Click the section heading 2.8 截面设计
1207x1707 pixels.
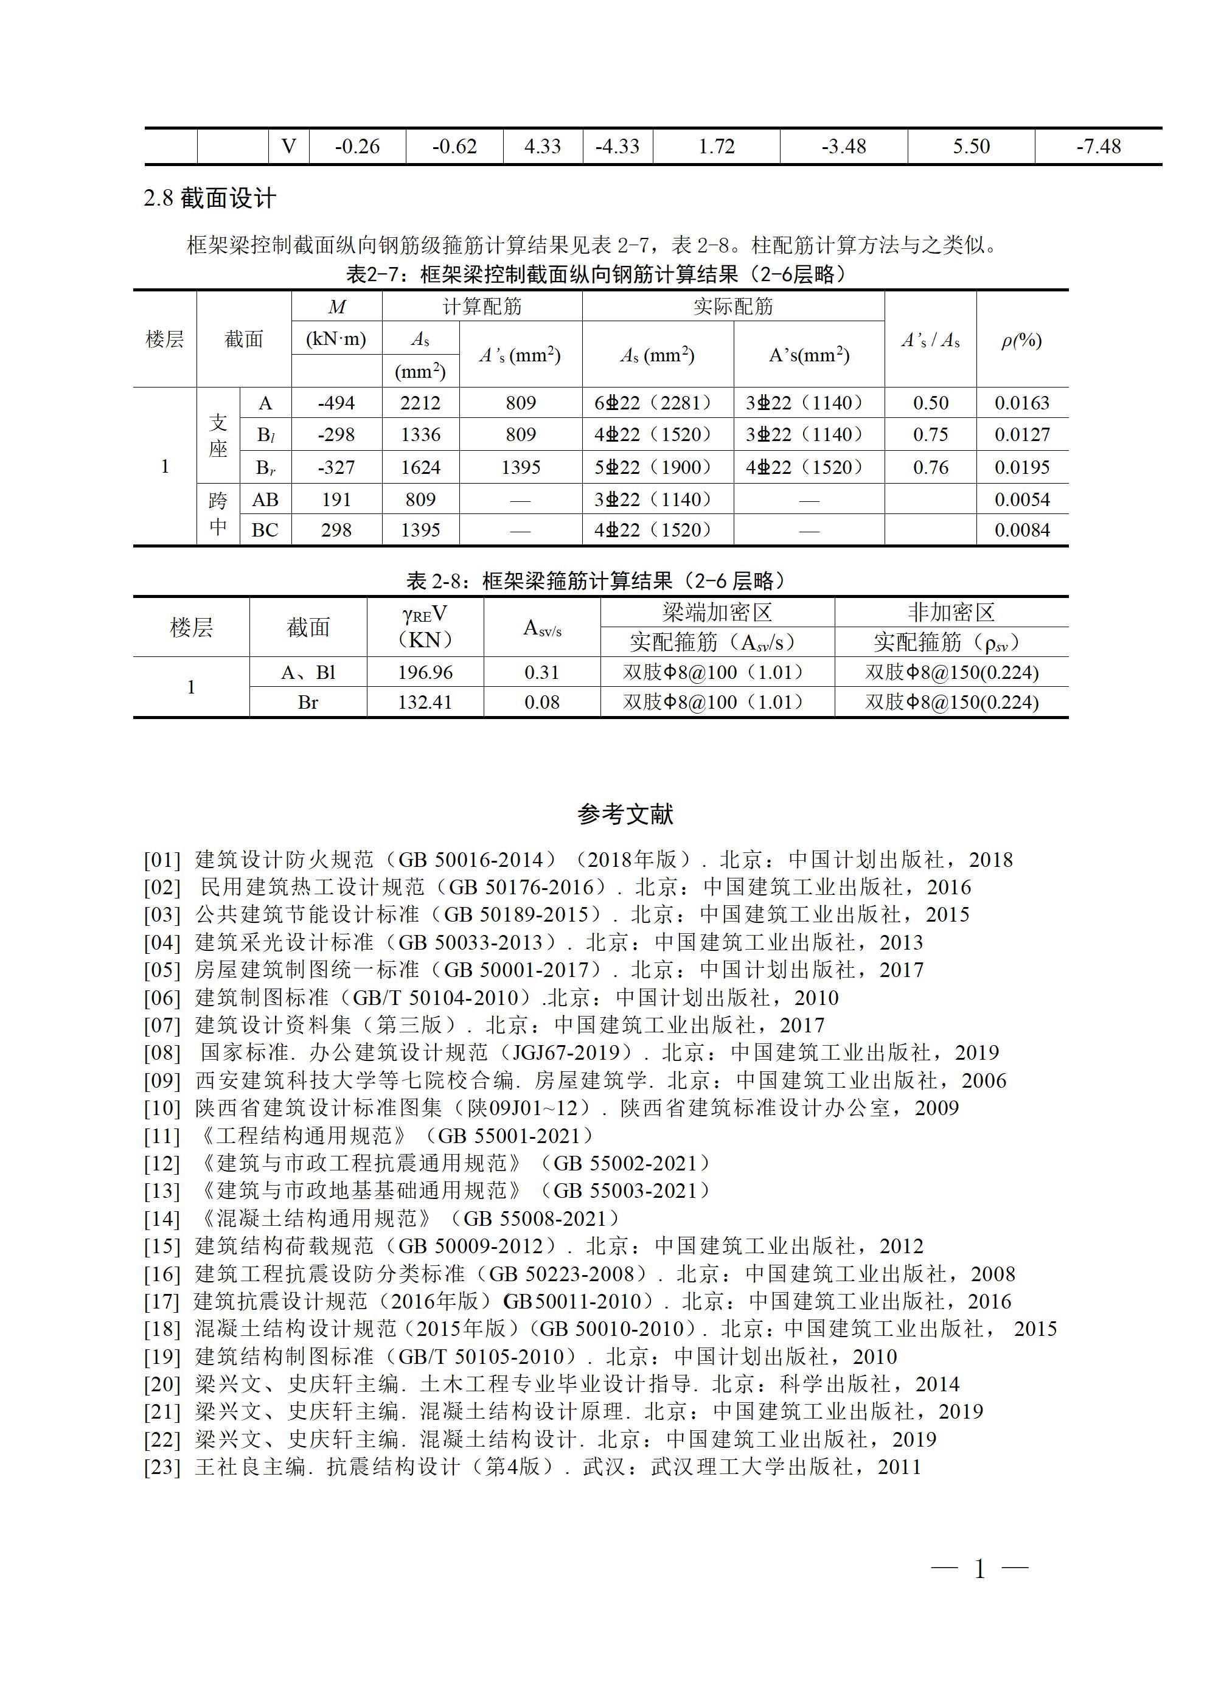pos(210,198)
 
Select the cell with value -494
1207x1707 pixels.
pos(336,403)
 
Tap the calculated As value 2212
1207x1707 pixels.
pos(420,403)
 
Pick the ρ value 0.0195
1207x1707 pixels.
pos(1022,468)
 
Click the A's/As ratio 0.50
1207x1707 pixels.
pos(930,403)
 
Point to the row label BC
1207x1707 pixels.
pos(265,530)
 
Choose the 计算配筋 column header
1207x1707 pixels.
pos(482,307)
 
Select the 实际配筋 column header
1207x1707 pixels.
pos(733,307)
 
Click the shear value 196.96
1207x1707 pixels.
pos(425,673)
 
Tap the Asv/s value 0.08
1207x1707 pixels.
pos(541,703)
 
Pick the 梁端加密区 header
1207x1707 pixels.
pos(717,613)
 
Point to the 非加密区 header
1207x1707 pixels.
pos(951,613)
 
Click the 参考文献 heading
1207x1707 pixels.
pos(625,815)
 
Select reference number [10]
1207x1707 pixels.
pos(162,1108)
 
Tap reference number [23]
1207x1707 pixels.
pos(162,1467)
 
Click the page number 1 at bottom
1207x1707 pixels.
pos(979,1570)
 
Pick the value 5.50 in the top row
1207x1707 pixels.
pos(971,147)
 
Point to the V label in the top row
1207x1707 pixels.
pos(288,147)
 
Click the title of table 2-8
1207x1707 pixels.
pos(596,580)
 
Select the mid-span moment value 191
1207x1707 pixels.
pos(336,499)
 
